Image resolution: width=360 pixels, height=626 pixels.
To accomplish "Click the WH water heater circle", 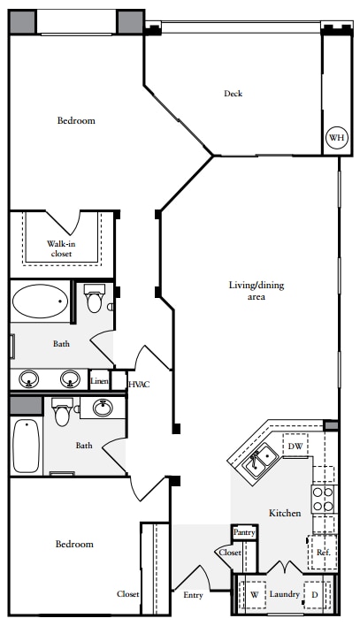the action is (x=336, y=138).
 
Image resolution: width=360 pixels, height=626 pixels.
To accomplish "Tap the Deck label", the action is (x=233, y=94).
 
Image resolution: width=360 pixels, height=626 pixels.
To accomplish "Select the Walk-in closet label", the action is (x=61, y=248).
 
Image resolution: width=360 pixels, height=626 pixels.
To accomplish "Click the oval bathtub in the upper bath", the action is (x=40, y=301).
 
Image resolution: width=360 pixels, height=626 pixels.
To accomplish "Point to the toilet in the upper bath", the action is (x=95, y=298).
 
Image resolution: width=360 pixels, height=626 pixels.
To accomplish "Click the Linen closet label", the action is (x=99, y=381).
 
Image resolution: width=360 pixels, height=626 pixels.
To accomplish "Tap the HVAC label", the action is (x=139, y=385).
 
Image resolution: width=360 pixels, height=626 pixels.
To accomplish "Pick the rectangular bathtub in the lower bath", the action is (x=27, y=446).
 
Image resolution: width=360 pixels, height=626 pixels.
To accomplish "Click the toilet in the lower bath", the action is (x=62, y=412).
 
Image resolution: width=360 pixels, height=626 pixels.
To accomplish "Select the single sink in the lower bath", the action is (x=103, y=408).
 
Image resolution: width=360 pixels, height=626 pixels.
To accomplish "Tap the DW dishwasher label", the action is (x=295, y=447).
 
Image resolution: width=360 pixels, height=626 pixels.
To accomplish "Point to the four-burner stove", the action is (x=323, y=499).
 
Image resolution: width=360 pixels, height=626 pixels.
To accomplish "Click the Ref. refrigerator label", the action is (x=323, y=553).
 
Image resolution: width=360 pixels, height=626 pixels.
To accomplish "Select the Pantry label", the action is (x=244, y=532).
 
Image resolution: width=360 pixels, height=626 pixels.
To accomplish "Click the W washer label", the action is (x=255, y=595).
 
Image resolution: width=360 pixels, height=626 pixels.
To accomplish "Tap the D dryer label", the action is (x=315, y=595).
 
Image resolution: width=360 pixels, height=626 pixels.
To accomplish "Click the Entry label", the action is (x=193, y=595).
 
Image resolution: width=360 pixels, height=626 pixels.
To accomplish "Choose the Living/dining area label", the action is (x=257, y=291).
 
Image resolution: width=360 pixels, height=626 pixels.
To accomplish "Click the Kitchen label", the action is (x=285, y=513).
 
